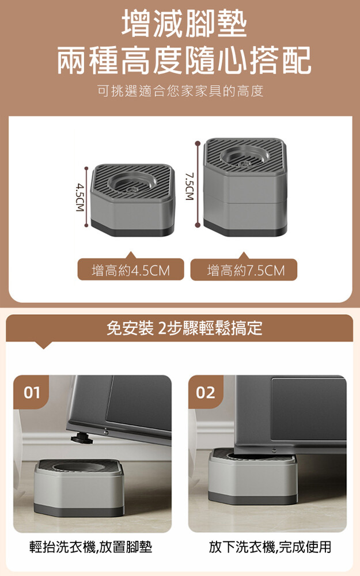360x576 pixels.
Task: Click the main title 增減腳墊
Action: coord(184,24)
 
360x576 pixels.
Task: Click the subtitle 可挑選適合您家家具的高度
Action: coord(180,91)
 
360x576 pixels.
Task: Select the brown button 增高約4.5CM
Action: coord(130,270)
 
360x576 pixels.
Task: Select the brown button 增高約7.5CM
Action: coord(244,270)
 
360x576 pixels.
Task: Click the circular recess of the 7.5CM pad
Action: coord(244,157)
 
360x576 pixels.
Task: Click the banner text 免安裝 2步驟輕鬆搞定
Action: coord(184,328)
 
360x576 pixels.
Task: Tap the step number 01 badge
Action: coord(32,392)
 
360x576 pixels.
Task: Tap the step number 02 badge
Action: coord(206,392)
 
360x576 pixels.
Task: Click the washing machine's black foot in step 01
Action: coord(78,437)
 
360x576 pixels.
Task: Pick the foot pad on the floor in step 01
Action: coord(79,488)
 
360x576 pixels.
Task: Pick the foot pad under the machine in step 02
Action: coord(253,476)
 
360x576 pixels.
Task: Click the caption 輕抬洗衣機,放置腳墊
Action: coord(91,547)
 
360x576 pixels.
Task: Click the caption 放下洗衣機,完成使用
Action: coord(270,547)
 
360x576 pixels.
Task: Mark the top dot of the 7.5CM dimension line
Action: coord(198,143)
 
